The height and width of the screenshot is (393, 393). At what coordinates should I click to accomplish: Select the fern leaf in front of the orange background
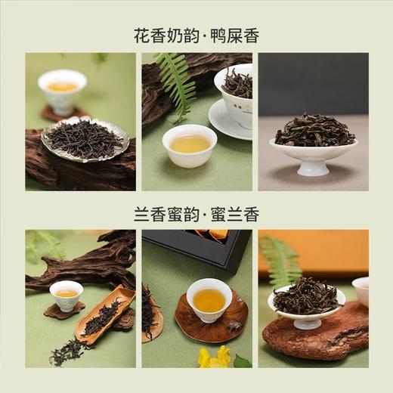coord(281,261)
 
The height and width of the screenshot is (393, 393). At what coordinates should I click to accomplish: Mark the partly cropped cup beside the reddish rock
coord(361,291)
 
